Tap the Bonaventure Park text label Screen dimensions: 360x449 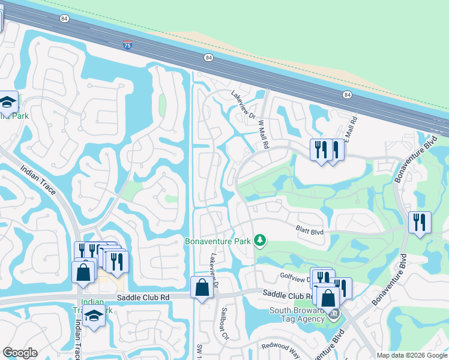tap(217, 241)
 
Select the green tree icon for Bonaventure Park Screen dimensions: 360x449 tap(260, 241)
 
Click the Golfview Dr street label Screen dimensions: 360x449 tap(294, 275)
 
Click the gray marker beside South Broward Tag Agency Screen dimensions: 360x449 tap(334, 313)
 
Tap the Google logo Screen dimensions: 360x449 tap(20, 353)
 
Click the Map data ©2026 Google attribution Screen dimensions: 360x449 tap(412, 355)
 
